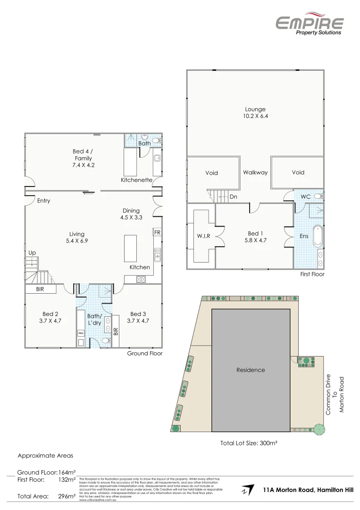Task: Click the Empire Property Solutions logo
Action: [x=309, y=24]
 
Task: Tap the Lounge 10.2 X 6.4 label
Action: [x=255, y=112]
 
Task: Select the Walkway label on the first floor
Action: [x=255, y=172]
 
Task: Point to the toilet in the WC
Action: [x=318, y=196]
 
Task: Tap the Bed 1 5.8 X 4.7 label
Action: [x=254, y=237]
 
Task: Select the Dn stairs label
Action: [x=233, y=196]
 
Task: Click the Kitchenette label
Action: [x=136, y=180]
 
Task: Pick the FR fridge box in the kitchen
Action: [x=157, y=233]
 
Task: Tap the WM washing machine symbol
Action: [x=81, y=333]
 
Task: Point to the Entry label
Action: [x=43, y=201]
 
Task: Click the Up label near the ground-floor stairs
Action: [x=32, y=253]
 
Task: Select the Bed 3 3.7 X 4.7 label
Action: [x=138, y=317]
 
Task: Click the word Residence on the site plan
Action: [x=251, y=370]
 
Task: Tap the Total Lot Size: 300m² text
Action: [x=248, y=443]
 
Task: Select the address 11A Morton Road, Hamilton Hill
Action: [x=308, y=490]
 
